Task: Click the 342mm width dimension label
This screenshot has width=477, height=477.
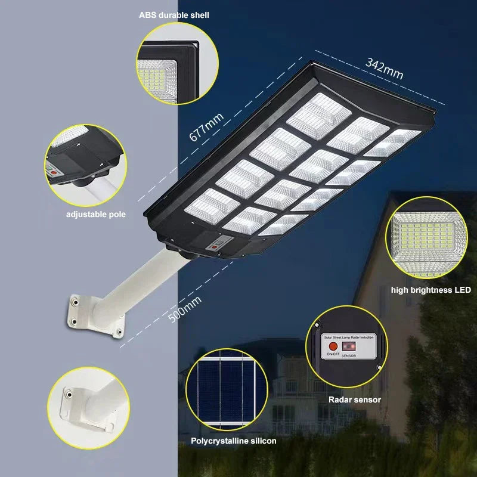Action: click(385, 69)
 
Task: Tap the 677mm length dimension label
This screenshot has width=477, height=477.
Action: click(206, 126)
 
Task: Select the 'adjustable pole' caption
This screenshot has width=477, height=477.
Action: click(96, 213)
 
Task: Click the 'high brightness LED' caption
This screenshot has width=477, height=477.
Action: click(431, 290)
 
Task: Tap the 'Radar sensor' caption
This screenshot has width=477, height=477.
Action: click(354, 400)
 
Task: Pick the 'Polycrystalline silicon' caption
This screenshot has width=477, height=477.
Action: click(234, 441)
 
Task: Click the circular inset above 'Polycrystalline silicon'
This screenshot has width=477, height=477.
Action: click(223, 389)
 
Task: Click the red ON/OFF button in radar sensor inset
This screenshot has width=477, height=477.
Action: click(333, 345)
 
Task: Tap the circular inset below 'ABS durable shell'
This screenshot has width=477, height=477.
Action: click(177, 64)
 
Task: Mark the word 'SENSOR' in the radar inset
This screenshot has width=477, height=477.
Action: click(349, 355)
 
